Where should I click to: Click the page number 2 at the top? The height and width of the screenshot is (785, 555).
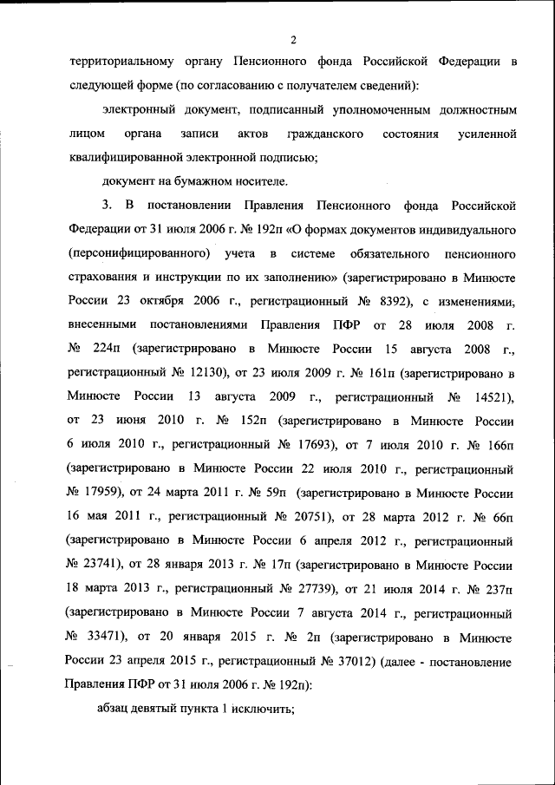(294, 40)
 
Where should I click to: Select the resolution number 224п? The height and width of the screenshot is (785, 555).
(108, 349)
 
